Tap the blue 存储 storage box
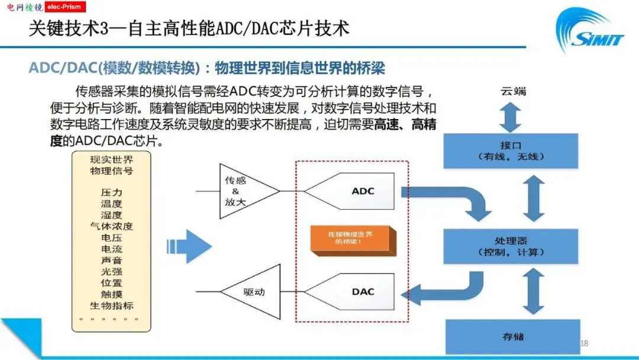512,336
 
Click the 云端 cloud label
513,92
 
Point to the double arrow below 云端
510,117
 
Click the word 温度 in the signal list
111,204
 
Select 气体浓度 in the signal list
111,227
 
